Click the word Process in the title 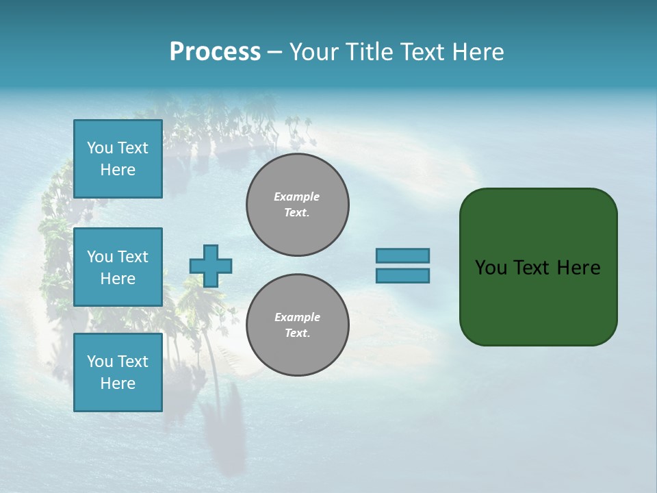[215, 52]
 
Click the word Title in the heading [368, 52]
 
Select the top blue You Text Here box [118, 159]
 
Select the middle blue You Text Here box [118, 267]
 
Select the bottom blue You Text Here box [118, 372]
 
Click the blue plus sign [211, 266]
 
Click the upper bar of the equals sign [402, 255]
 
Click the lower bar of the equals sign [402, 276]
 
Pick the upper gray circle [298, 205]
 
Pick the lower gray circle [298, 325]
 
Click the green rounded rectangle [538, 267]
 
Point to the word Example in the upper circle [297, 197]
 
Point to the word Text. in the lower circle [297, 333]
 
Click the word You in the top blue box [100, 148]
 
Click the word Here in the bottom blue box [118, 383]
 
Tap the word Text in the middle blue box [132, 257]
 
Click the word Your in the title [314, 52]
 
